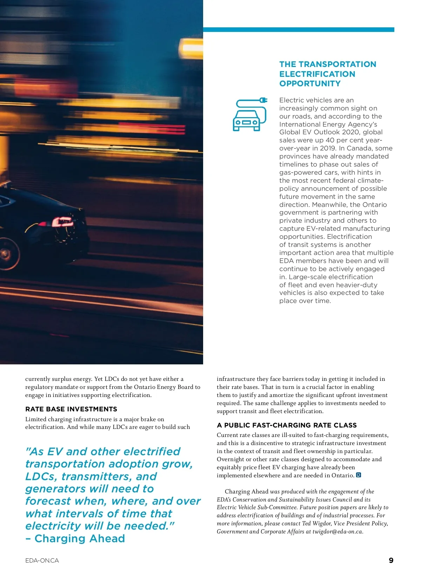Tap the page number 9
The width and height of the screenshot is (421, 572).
(x=391, y=560)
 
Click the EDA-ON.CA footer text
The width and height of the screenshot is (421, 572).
(x=42, y=560)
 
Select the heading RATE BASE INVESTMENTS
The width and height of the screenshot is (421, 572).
(x=71, y=409)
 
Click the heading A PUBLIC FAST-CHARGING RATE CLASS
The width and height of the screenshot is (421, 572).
(x=287, y=425)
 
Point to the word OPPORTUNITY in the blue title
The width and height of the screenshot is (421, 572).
(x=310, y=83)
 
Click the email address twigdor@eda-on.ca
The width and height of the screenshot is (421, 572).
(x=337, y=531)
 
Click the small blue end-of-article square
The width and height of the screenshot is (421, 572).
(x=359, y=475)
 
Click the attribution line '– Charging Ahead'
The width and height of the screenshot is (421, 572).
(x=75, y=538)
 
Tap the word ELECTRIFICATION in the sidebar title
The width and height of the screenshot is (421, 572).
(x=317, y=74)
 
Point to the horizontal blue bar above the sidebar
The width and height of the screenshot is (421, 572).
(x=299, y=30)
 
